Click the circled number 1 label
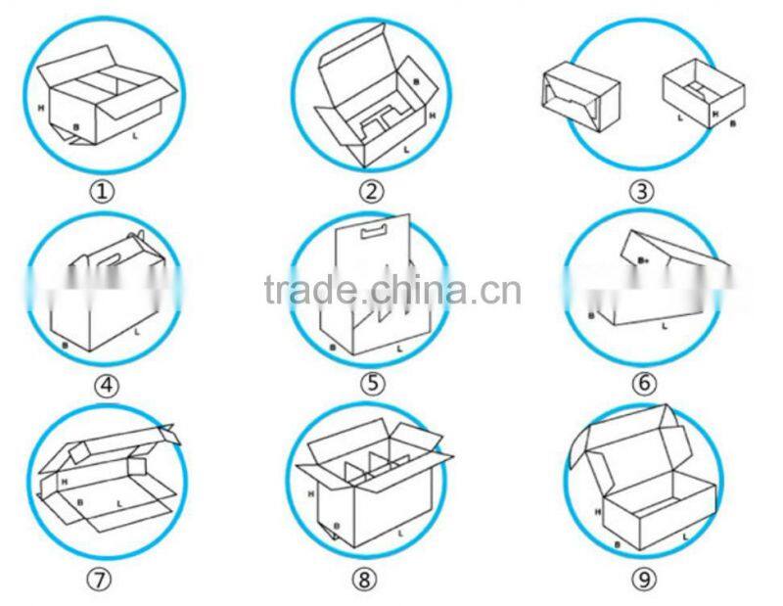[104, 192]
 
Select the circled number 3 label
[642, 192]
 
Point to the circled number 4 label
[106, 386]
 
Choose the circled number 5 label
[372, 384]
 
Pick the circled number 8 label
[363, 580]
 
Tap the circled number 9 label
[643, 580]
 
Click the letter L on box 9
[685, 536]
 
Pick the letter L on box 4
[136, 333]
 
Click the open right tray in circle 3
[700, 93]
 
